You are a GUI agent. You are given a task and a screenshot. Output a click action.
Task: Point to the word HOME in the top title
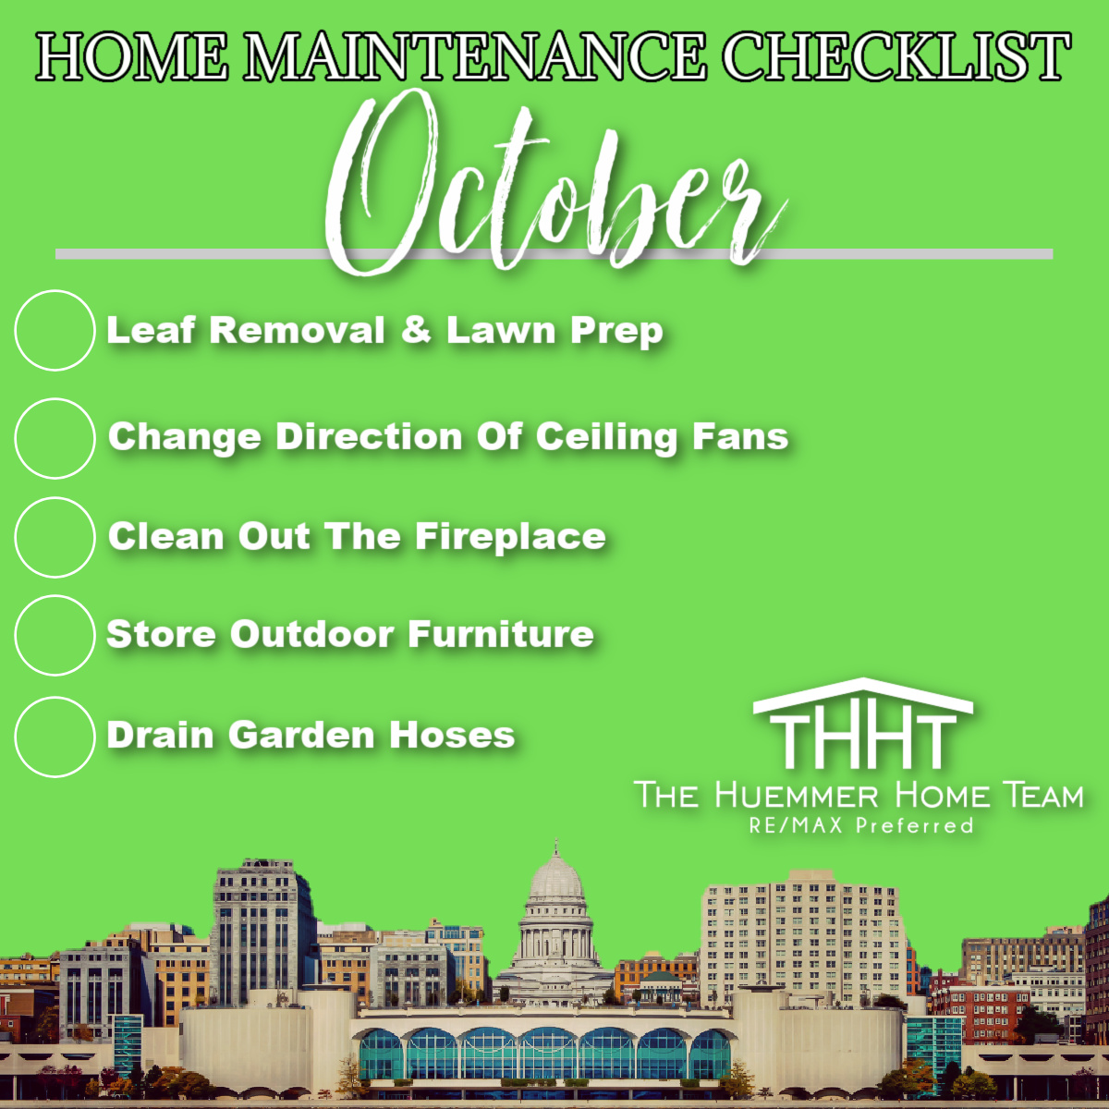[132, 57]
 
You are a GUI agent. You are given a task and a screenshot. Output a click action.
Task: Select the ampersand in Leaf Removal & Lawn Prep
[416, 330]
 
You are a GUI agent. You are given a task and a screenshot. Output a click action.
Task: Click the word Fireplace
[510, 536]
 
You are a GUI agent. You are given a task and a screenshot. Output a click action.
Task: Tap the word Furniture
[501, 634]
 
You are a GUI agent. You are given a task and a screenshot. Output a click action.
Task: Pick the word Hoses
[452, 736]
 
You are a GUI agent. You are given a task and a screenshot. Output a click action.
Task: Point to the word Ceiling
[606, 437]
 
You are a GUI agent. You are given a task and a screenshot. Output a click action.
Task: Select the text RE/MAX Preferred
[861, 826]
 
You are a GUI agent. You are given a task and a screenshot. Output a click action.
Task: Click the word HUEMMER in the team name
[797, 796]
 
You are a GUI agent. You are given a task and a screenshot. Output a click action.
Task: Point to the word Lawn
[501, 330]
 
